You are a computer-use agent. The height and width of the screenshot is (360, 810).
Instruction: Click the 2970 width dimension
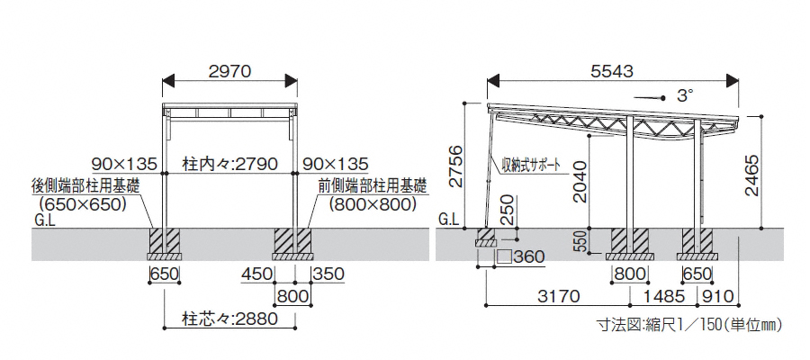coord(229,68)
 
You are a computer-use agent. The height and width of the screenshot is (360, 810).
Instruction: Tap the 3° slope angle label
coord(687,94)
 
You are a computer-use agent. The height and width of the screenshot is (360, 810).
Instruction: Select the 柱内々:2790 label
coord(229,165)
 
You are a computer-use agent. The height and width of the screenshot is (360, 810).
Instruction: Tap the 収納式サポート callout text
coord(530,166)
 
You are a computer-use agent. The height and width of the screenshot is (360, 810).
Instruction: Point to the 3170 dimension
coord(557,294)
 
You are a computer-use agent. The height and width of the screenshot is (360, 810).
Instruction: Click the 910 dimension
coord(716,294)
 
